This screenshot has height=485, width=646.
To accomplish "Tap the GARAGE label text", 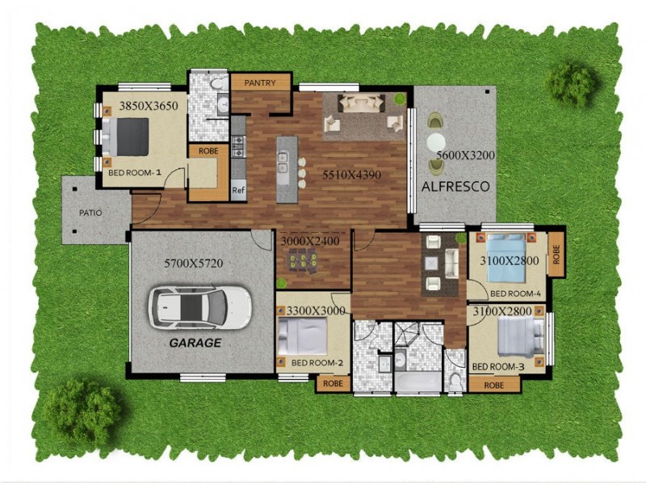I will tap(195, 343).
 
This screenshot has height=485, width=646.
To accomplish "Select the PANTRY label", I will tap(260, 82).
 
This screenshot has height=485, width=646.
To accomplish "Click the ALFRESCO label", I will tap(455, 186).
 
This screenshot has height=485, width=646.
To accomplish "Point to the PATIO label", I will tap(90, 213).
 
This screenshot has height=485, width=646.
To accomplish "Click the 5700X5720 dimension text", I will tap(193, 264).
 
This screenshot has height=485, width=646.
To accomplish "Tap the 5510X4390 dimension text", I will tap(351, 174).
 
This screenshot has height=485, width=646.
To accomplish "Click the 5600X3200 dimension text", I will tap(465, 154).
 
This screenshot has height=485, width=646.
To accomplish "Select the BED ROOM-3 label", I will tap(498, 367).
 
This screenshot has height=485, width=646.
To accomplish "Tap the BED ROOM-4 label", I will tap(514, 293).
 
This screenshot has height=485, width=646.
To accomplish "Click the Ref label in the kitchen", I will tap(238, 192).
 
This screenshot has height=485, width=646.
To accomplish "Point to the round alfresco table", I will tap(436, 144).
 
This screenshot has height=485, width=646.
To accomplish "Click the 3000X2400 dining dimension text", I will tap(310, 241).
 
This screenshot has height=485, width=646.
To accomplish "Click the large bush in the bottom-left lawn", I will tap(82, 411).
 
